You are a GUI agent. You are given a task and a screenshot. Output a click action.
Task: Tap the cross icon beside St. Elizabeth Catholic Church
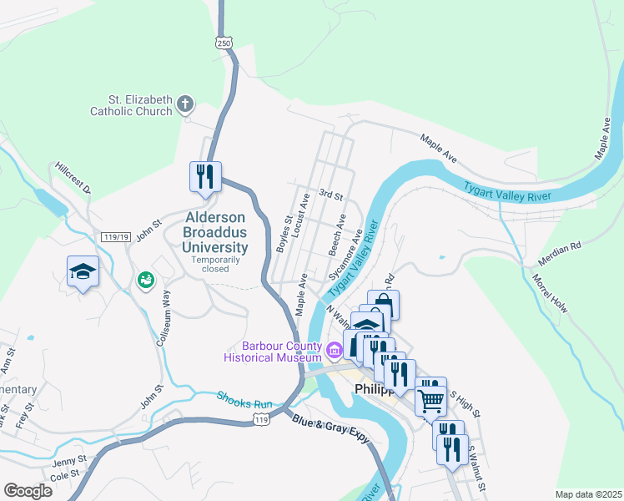tap(185, 105)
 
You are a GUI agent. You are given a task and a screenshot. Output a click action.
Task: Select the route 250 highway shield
tap(223, 43)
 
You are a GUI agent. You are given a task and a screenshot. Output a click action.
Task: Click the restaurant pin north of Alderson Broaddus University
tap(205, 177)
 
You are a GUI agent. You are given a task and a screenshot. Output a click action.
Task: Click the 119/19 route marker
tap(115, 238)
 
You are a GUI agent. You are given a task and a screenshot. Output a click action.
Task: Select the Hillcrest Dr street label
tap(72, 178)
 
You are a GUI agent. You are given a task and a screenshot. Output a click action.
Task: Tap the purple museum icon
tap(335, 349)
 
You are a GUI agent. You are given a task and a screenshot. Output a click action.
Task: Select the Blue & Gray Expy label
tap(330, 429)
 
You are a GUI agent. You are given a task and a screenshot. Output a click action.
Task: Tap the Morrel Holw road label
tap(550, 293)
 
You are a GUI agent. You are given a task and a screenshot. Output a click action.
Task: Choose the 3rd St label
tap(332, 195)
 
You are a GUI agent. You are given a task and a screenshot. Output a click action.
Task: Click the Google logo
tap(28, 490)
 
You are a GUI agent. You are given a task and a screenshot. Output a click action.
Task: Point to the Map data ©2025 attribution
tap(587, 493)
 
